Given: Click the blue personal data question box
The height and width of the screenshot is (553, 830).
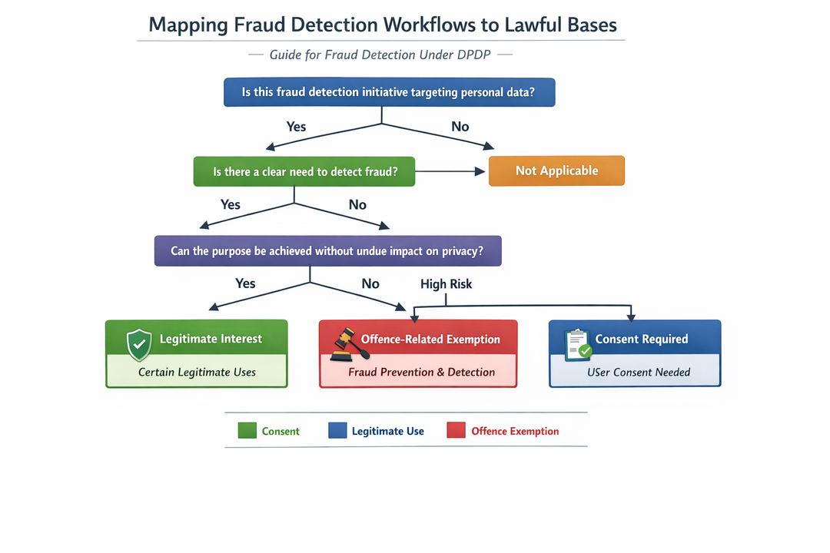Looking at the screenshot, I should (x=389, y=92).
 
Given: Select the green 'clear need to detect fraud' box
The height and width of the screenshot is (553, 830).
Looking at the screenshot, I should (x=304, y=171).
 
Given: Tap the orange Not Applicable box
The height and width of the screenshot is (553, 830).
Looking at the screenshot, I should (x=556, y=171).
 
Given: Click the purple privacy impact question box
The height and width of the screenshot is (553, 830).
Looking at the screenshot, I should (x=327, y=251).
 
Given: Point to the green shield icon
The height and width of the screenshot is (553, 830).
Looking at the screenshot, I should (x=139, y=344).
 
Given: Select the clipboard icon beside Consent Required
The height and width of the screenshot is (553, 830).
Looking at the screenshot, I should (x=577, y=344).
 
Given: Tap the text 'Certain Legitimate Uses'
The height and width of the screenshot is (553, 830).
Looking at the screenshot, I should (x=197, y=373).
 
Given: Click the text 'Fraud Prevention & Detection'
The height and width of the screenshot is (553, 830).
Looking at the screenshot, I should (x=421, y=373).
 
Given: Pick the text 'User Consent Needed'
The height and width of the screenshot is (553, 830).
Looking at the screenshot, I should (x=639, y=373).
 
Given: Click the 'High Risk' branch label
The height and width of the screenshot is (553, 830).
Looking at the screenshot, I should (x=446, y=284).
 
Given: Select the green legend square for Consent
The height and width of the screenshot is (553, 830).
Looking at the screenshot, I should (x=247, y=431).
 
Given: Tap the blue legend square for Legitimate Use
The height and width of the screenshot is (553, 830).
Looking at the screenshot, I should (x=337, y=431).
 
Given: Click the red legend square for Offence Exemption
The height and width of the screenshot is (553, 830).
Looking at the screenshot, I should (x=456, y=431).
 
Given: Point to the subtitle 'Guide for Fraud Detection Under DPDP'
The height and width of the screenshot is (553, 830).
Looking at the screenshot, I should (x=380, y=55).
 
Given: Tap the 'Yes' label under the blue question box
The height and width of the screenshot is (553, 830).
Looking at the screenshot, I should (x=296, y=127).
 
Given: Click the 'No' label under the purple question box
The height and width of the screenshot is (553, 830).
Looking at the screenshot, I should (x=370, y=283).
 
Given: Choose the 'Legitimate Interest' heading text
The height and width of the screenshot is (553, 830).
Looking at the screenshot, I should (x=211, y=339).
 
